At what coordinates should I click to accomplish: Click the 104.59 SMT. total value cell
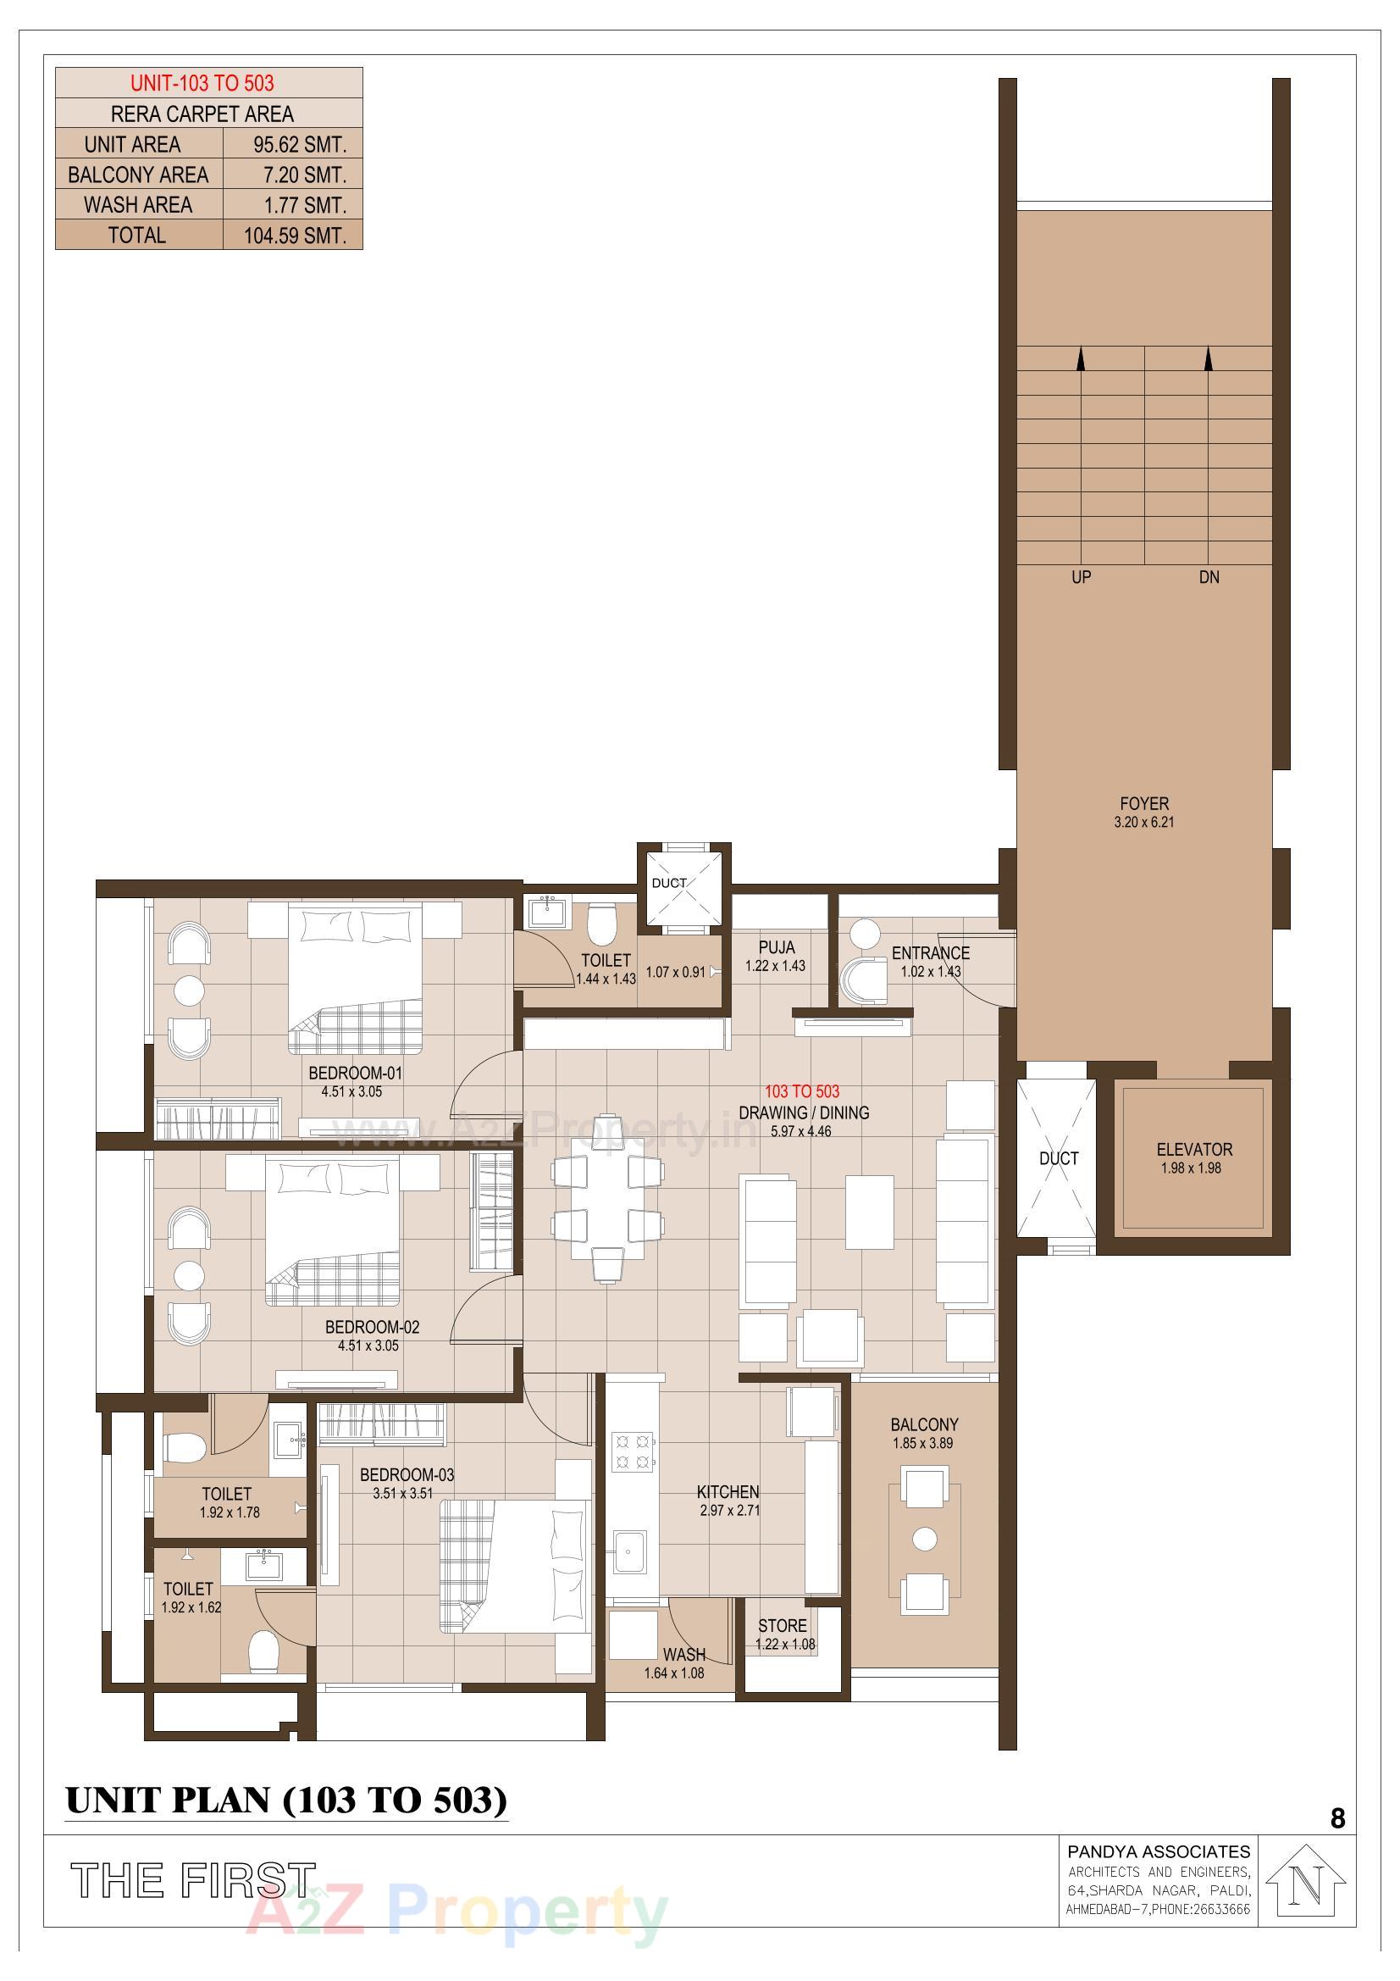[294, 236]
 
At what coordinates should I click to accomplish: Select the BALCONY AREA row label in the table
[138, 175]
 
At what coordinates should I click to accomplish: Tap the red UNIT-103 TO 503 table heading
[202, 83]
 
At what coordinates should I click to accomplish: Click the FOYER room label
[1144, 803]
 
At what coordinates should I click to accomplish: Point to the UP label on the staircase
[1081, 577]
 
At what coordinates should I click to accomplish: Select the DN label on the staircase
[1209, 577]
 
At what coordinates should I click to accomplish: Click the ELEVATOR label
[1194, 1149]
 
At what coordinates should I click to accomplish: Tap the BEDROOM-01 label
[356, 1074]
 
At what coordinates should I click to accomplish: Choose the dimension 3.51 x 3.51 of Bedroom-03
[403, 1494]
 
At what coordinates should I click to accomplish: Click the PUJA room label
[777, 947]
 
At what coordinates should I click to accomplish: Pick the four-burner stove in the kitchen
[633, 1451]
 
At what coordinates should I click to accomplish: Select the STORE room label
[783, 1625]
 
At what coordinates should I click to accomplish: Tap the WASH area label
[684, 1655]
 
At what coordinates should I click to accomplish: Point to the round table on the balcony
[924, 1539]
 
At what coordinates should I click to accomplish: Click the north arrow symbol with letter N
[1308, 1886]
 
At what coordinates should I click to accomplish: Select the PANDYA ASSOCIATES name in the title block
[1159, 1851]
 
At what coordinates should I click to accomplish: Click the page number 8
[1337, 1819]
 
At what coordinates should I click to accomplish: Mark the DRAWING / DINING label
[803, 1113]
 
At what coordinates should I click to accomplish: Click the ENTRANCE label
[930, 953]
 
